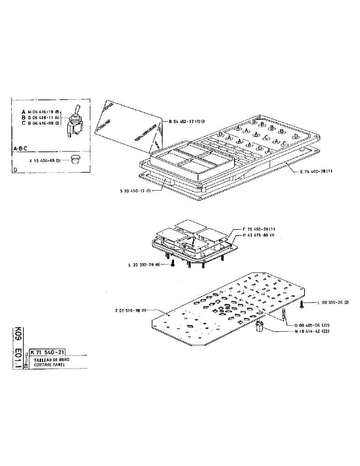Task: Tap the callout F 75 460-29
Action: click(x=259, y=229)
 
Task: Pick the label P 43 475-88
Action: click(x=259, y=235)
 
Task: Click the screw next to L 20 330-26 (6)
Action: click(x=173, y=264)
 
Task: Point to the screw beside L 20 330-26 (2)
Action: click(x=302, y=304)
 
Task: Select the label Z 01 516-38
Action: click(x=130, y=310)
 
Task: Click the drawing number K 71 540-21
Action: click(x=48, y=352)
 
